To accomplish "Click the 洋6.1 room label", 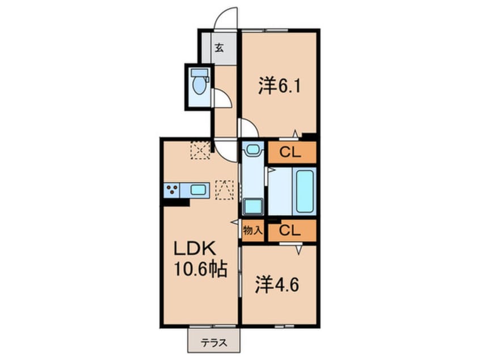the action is [x=280, y=86].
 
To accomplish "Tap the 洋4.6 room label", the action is [x=277, y=285].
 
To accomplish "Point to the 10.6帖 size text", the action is [x=200, y=269].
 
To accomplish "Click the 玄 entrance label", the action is [x=219, y=48].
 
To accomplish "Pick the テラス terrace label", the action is [x=214, y=342].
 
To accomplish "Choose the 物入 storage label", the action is [x=252, y=231].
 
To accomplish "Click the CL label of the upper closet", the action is [x=290, y=152].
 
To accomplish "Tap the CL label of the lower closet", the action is [x=290, y=231].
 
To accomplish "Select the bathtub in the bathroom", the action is [x=305, y=191].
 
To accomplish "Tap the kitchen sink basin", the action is [x=198, y=190].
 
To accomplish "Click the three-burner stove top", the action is [x=171, y=190].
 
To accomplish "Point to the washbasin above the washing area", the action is [x=253, y=149].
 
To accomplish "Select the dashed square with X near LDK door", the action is [x=200, y=150].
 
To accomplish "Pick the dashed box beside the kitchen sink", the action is [x=224, y=190].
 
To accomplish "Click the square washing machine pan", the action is [x=253, y=206].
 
